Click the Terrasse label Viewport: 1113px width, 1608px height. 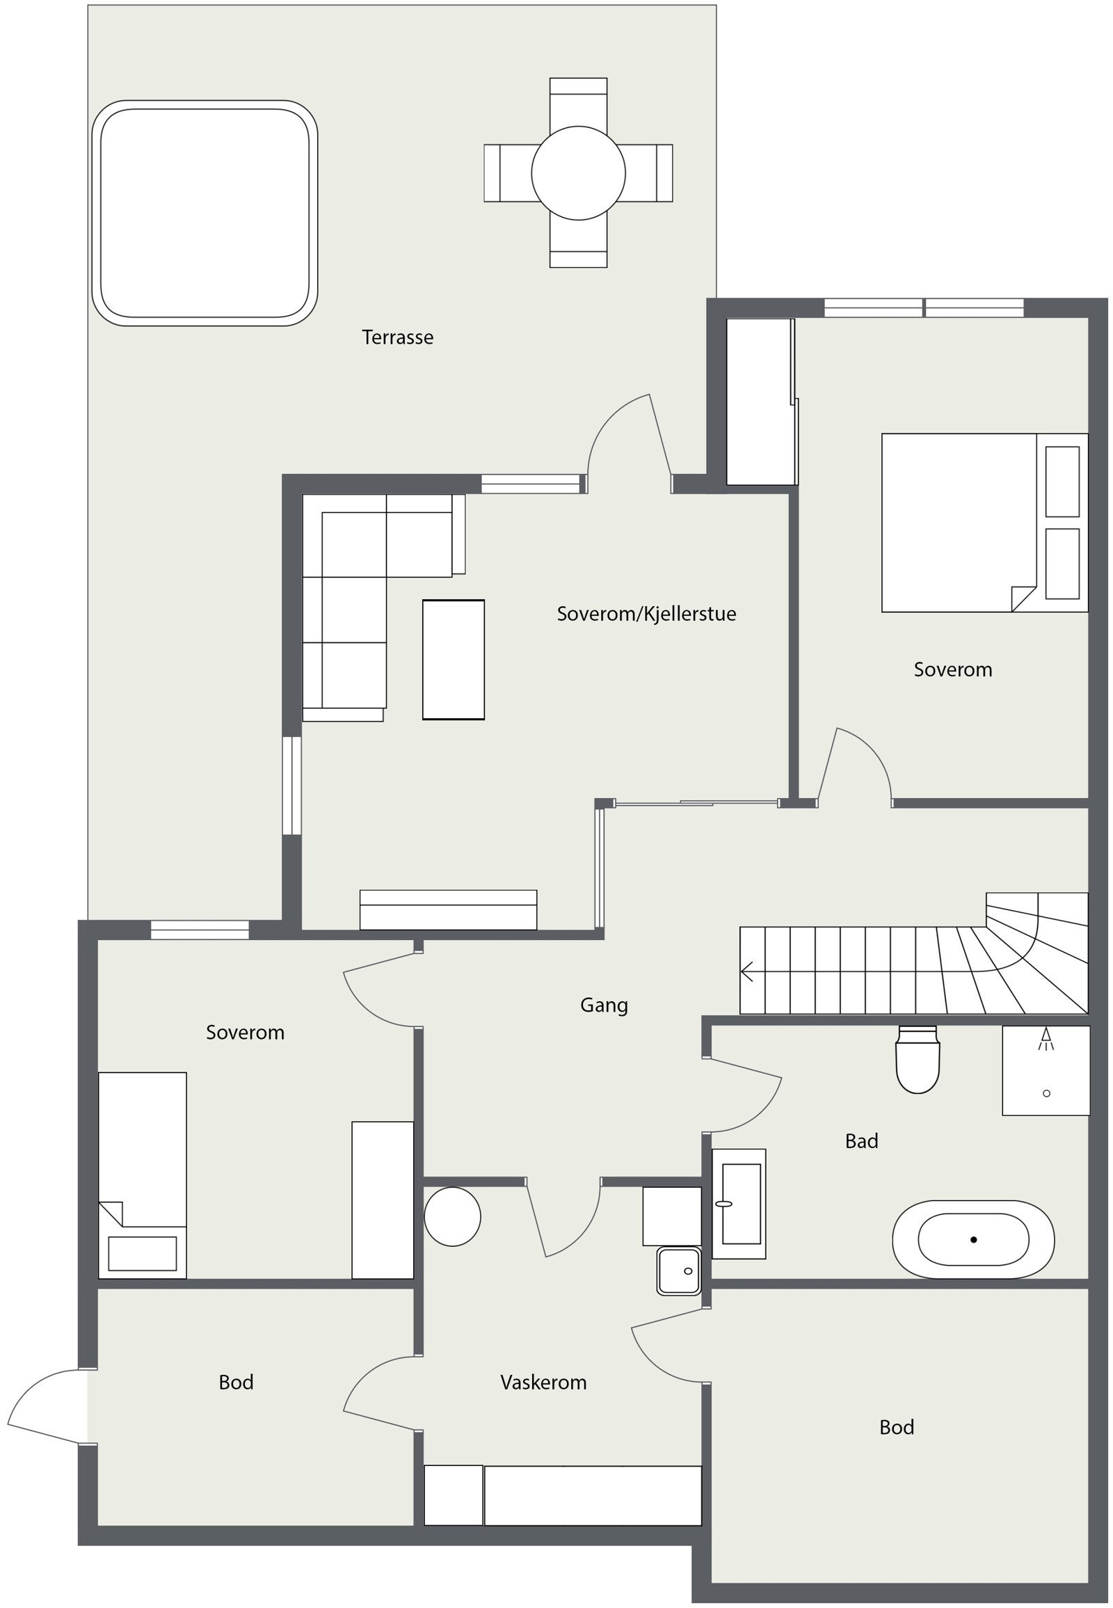point(397,337)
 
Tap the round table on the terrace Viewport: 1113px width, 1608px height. point(578,173)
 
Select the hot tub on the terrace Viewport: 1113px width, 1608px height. point(205,213)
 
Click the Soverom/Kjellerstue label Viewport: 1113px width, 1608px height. point(646,614)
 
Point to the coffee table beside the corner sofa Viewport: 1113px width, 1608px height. point(454,659)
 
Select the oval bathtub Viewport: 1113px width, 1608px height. point(972,1240)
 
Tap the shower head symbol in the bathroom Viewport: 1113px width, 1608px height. point(1046,1041)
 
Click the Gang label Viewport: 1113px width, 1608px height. point(604,1005)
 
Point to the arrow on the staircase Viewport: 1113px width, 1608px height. point(748,971)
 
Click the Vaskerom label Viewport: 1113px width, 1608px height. point(543,1383)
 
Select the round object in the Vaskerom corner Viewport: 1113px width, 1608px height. point(453,1217)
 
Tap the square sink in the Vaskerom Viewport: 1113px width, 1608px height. point(678,1271)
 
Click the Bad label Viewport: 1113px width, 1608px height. point(861,1141)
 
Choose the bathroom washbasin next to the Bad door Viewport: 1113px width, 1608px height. point(739,1204)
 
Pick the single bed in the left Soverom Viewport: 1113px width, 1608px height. point(143,1175)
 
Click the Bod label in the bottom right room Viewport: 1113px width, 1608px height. point(896,1427)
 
